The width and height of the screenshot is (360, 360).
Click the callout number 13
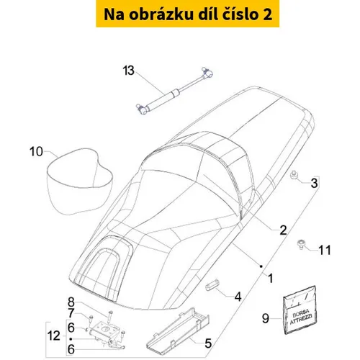click(128, 71)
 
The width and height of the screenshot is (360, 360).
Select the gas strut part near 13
click(174, 91)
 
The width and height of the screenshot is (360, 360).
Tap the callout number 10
click(36, 152)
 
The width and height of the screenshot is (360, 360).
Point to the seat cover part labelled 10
click(79, 181)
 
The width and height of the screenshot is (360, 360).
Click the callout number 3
click(314, 183)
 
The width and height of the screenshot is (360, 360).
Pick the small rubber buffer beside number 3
click(293, 174)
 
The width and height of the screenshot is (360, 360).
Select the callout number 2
click(283, 230)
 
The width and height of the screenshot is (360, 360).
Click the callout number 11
click(325, 250)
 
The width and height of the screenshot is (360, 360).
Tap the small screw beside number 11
click(300, 244)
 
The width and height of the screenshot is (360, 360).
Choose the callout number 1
click(271, 278)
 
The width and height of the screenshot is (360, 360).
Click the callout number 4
click(238, 297)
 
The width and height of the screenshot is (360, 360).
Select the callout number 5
click(208, 343)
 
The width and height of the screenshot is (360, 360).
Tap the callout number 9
click(266, 318)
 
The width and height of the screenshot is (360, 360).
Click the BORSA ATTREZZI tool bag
click(300, 310)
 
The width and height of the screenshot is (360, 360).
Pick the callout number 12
click(53, 336)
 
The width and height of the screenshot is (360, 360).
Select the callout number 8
click(71, 302)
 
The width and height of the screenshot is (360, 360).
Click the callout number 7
click(71, 313)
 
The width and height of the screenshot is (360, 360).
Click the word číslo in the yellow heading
click(238, 14)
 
